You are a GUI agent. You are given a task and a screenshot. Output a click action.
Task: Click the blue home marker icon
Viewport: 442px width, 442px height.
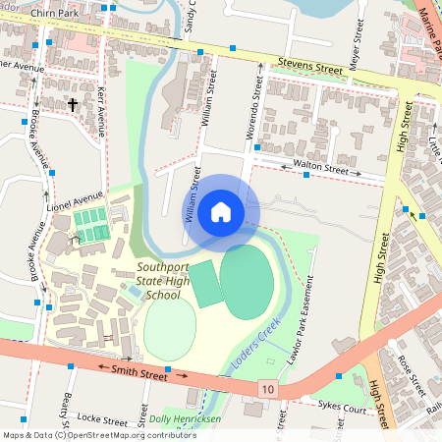pos(221,211)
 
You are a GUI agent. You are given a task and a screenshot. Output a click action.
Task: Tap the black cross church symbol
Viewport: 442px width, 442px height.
pos(72,103)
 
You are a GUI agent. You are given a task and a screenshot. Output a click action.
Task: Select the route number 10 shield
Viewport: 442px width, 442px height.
pos(268,390)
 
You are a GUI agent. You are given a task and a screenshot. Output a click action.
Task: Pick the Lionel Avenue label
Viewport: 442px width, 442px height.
pos(75,201)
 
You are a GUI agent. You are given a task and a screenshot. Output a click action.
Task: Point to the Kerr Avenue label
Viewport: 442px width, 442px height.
pos(102,109)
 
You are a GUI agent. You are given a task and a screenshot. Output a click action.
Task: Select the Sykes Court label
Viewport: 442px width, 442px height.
pos(339,404)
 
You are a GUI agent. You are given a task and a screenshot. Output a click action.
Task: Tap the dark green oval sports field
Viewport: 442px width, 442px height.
pos(247,282)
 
